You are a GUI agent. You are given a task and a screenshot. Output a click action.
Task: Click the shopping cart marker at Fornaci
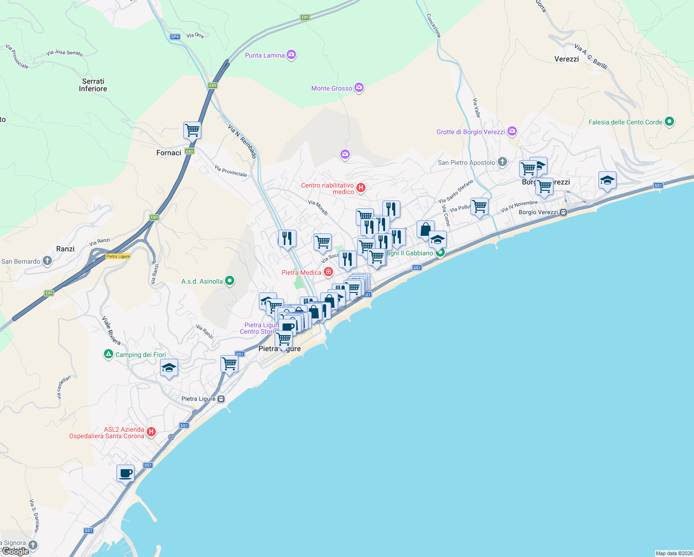click(x=192, y=130)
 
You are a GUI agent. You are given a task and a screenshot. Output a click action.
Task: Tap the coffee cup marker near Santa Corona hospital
click(x=125, y=473)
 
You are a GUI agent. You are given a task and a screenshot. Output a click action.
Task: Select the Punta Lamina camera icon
click(x=291, y=55)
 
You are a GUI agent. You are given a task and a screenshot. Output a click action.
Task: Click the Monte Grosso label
click(x=331, y=88)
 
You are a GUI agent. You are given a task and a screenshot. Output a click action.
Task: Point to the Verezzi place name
click(x=566, y=59)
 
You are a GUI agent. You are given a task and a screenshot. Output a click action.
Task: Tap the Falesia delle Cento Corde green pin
click(x=669, y=122)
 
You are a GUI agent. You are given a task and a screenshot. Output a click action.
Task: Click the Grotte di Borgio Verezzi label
click(x=470, y=132)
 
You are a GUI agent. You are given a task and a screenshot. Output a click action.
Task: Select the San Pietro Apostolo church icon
click(x=502, y=162)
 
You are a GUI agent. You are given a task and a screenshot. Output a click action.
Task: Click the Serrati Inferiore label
click(x=93, y=85)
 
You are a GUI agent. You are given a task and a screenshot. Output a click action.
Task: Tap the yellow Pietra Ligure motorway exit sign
click(x=118, y=256)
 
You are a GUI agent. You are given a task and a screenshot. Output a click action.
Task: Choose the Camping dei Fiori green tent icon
click(x=108, y=354)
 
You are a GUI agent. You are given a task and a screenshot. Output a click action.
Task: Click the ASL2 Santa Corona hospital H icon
click(x=151, y=432)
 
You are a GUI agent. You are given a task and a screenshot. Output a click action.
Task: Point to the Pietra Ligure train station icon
click(x=221, y=399)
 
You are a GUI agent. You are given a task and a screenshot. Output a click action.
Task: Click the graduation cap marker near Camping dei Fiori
click(x=169, y=368)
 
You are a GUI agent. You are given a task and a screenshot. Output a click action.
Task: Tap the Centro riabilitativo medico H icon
click(x=361, y=188)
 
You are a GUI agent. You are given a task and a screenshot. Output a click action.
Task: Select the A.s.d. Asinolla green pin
click(x=229, y=281)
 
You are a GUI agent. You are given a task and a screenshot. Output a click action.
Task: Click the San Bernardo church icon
click(x=47, y=261)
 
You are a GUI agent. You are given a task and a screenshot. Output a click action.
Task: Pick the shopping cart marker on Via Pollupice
click(x=479, y=206)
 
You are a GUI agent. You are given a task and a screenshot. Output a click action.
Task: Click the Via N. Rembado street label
click(x=242, y=142)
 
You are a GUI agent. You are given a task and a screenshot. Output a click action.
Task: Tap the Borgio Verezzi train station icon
click(x=563, y=212)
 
